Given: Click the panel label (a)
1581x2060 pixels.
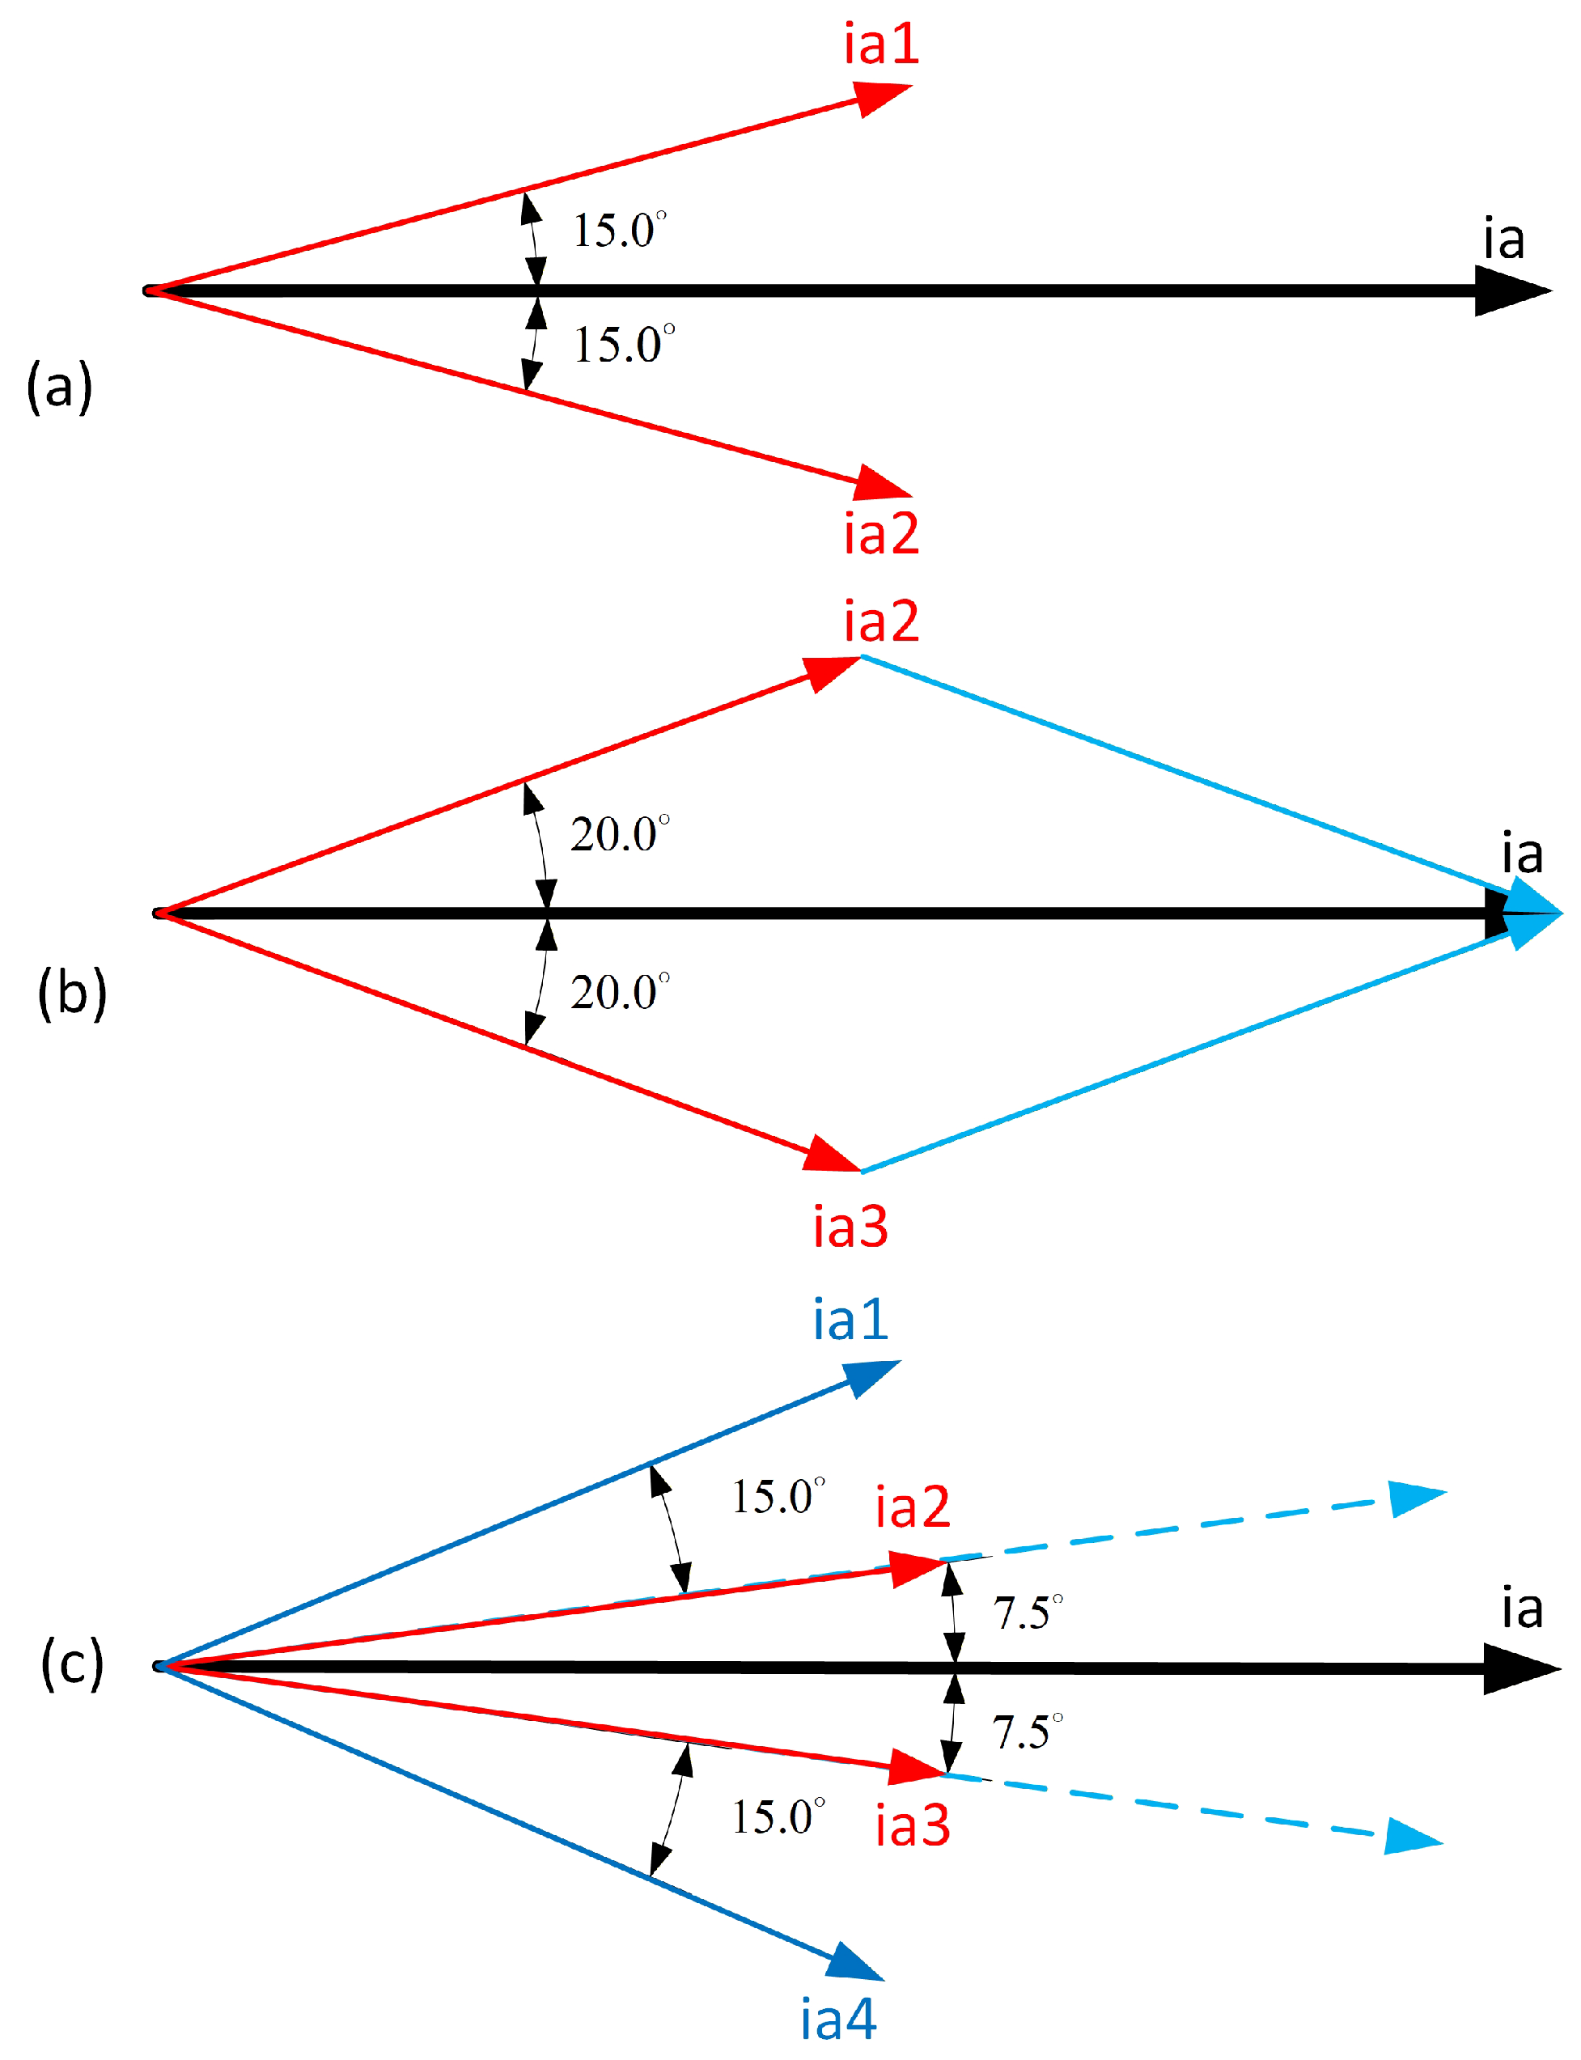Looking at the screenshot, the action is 59,386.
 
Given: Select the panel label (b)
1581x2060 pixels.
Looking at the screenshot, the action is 73,993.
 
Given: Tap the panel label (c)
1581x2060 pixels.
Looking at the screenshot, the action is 73,1663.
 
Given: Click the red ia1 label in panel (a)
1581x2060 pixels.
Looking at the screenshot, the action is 881,45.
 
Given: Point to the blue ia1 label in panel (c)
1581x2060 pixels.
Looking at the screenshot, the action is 850,1320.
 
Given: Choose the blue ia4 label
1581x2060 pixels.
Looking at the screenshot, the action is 838,2020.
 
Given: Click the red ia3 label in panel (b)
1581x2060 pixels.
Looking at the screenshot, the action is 850,1227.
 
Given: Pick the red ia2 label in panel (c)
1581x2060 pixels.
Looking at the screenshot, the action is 913,1507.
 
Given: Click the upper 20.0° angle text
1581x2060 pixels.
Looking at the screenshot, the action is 620,833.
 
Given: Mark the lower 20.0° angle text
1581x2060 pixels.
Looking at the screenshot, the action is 620,992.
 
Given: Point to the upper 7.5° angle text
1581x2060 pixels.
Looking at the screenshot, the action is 1028,1613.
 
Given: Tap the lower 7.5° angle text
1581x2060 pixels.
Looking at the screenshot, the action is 1028,1732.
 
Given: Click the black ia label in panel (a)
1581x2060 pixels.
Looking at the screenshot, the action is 1504,239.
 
